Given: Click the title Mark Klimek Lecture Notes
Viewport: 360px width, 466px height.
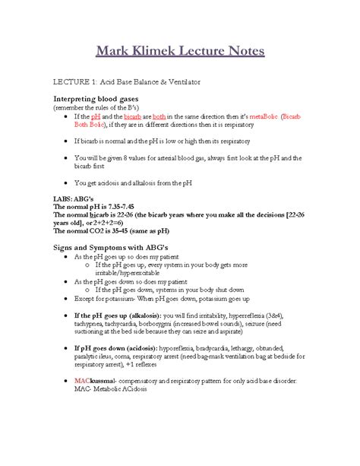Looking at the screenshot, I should pos(180,52).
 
